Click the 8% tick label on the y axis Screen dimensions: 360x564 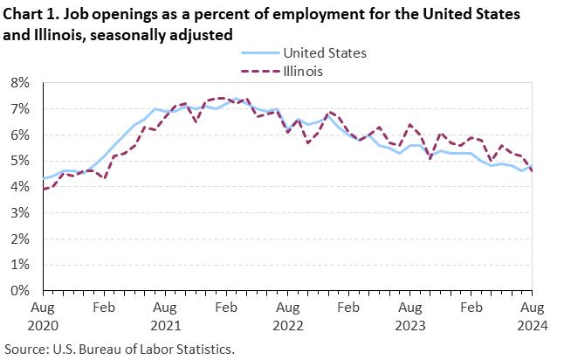click(x=19, y=83)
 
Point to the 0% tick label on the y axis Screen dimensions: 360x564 click(x=19, y=290)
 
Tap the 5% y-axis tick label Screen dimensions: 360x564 click(x=19, y=161)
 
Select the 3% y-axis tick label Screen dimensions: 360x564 click(x=19, y=212)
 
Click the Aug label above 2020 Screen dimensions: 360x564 click(x=44, y=308)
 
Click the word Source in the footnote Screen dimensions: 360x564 click(x=25, y=350)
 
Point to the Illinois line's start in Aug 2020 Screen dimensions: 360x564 click(x=44, y=189)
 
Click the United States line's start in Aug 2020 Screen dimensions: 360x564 click(x=44, y=178)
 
